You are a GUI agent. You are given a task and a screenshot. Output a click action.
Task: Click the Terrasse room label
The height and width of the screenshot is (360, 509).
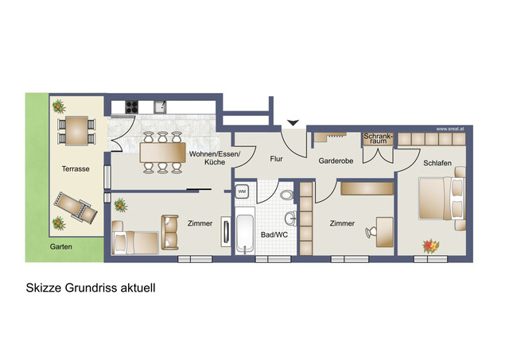coord(75,168)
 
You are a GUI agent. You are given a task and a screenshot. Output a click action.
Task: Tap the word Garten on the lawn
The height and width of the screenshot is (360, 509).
coord(61,247)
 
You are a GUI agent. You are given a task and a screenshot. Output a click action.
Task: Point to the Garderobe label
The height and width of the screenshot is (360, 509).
coord(335,160)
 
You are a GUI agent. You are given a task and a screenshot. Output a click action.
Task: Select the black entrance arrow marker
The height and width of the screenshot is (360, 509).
coord(294,122)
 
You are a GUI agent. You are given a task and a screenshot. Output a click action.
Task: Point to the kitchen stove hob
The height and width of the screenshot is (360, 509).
coord(131,106)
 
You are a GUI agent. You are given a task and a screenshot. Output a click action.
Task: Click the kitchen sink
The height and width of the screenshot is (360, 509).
coord(160,106)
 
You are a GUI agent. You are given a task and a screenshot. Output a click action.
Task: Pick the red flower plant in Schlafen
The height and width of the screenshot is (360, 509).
coord(430,246)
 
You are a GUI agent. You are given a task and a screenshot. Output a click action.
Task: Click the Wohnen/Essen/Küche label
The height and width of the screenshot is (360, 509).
coord(214,157)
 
